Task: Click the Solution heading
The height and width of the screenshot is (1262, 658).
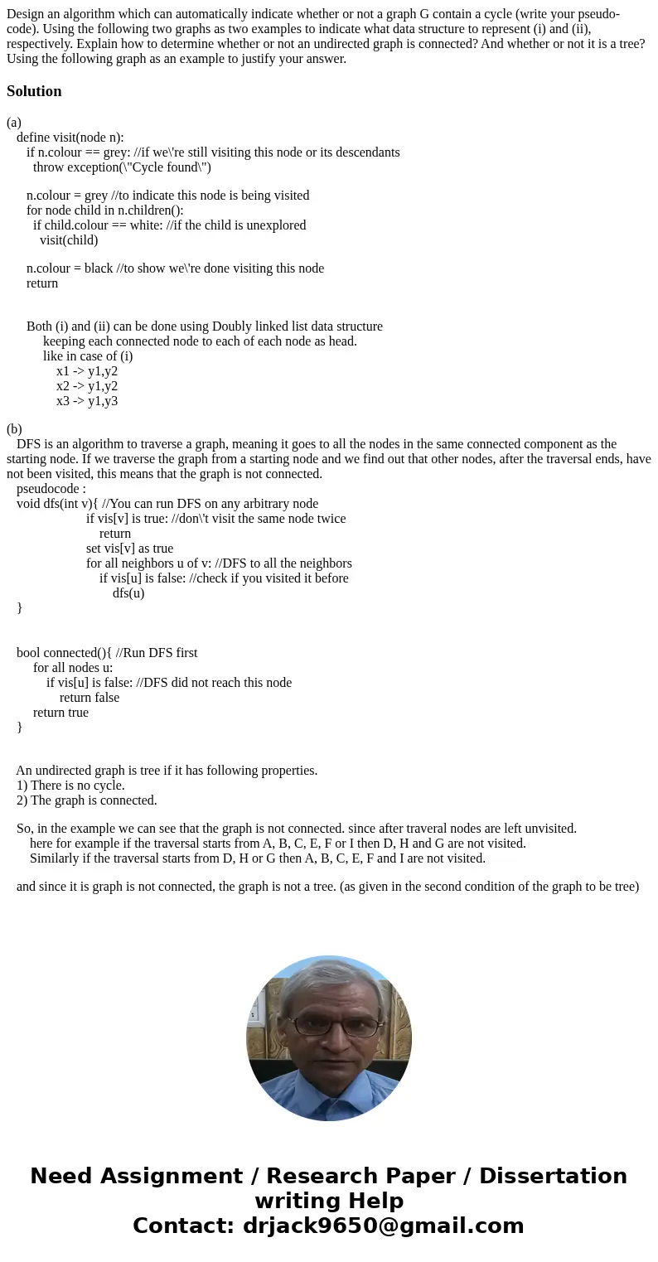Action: [x=34, y=91]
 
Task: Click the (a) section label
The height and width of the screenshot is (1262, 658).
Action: [x=14, y=123]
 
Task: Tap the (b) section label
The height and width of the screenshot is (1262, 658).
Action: [x=14, y=429]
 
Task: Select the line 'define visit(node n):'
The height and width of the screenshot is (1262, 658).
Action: [x=70, y=138]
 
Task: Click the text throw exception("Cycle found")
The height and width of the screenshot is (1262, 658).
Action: [x=122, y=167]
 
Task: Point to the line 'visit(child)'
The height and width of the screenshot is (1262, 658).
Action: [x=69, y=240]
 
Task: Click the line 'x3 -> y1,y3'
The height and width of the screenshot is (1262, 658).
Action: [x=87, y=401]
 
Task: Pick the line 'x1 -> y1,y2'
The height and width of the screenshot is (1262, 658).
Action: [x=87, y=371]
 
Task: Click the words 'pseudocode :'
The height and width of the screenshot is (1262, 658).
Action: [x=51, y=489]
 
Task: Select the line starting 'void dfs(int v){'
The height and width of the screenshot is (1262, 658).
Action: [x=167, y=504]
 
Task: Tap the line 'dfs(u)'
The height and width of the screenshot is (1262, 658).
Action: [x=128, y=593]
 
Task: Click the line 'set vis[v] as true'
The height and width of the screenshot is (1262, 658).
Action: [x=129, y=549]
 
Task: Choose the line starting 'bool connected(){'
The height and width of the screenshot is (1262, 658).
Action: [x=107, y=653]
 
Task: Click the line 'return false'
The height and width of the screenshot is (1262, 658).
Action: [x=90, y=698]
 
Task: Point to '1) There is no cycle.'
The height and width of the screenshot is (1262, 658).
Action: [x=70, y=786]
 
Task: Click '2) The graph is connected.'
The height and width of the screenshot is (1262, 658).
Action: [x=86, y=800]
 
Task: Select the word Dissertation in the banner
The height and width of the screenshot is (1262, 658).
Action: [x=553, y=1177]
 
